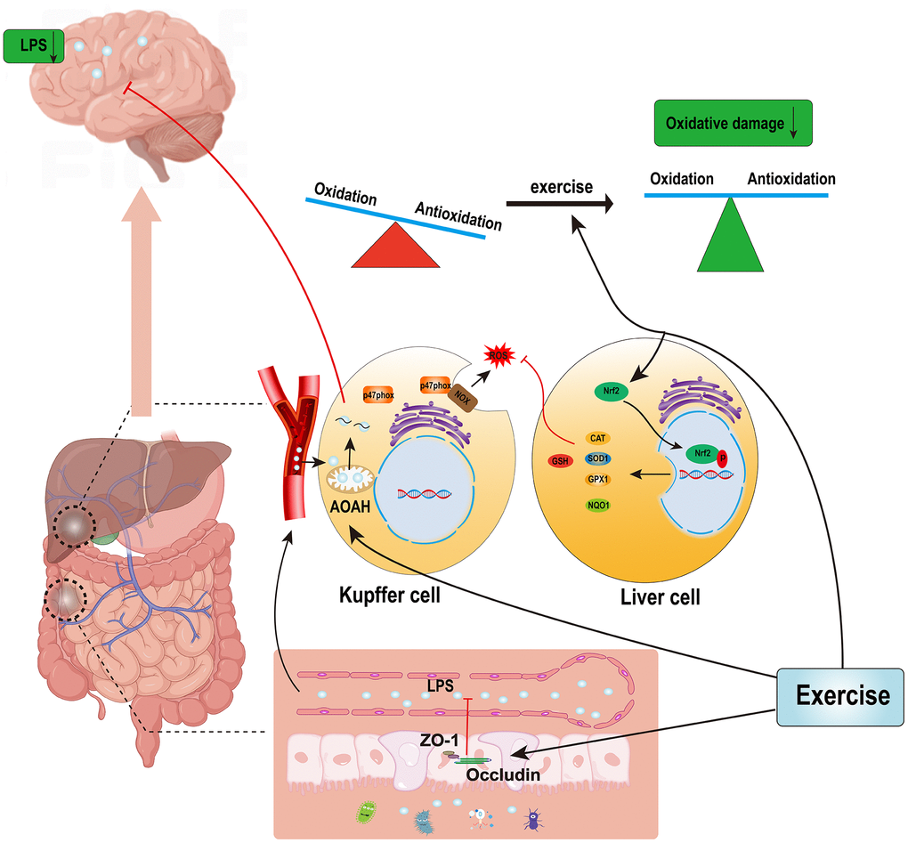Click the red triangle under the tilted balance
395,246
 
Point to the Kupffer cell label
390,595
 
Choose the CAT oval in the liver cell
598,438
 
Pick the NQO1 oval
598,505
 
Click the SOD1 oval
598,459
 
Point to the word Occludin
503,775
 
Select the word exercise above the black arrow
562,188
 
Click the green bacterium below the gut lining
366,811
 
